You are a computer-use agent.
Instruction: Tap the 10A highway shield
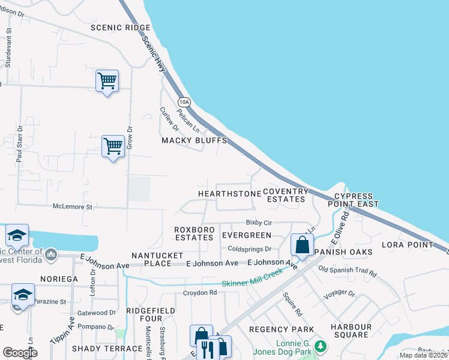click(184, 101)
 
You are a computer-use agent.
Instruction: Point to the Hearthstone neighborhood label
click(229, 194)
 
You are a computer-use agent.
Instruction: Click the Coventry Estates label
click(286, 195)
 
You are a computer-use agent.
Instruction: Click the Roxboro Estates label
click(194, 233)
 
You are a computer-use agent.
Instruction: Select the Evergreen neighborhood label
click(246, 235)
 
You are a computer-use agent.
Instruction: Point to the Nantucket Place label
click(153, 259)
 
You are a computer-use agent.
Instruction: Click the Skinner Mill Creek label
click(252, 282)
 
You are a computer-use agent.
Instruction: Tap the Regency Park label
click(282, 329)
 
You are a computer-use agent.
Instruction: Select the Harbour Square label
click(351, 331)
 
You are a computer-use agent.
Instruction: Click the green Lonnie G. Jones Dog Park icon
click(321, 346)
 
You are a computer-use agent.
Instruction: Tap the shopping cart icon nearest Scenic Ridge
click(107, 80)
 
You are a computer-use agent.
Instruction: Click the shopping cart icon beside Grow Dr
click(113, 145)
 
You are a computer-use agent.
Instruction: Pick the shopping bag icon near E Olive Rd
click(301, 244)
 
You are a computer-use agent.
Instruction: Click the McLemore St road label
click(73, 206)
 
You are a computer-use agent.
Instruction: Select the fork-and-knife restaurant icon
click(207, 348)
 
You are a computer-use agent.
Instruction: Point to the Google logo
click(20, 353)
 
